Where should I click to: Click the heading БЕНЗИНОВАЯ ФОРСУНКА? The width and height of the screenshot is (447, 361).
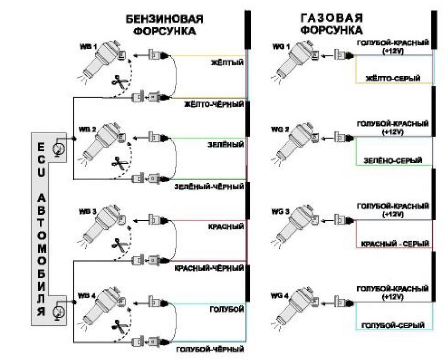pyautogui.click(x=165, y=25)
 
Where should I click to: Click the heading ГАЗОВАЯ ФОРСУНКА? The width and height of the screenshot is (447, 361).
pyautogui.click(x=332, y=24)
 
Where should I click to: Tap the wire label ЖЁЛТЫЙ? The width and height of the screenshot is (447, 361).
pyautogui.click(x=227, y=63)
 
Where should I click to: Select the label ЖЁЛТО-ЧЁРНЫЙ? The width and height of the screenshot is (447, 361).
pyautogui.click(x=214, y=104)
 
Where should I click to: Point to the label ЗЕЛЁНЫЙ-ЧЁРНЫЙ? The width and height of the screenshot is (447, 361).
pyautogui.click(x=209, y=187)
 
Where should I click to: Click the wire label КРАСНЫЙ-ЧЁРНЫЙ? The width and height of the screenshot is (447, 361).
pyautogui.click(x=209, y=268)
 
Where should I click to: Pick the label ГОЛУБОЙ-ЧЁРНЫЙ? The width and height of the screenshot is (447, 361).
pyautogui.click(x=210, y=349)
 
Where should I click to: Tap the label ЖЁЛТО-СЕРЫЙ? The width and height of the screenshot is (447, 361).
pyautogui.click(x=393, y=78)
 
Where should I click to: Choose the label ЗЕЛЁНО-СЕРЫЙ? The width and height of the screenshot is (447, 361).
pyautogui.click(x=393, y=161)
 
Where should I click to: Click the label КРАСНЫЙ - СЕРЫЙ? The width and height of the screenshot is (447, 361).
pyautogui.click(x=395, y=244)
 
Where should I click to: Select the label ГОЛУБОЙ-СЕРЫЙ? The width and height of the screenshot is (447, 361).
pyautogui.click(x=393, y=325)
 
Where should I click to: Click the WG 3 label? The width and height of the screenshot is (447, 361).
pyautogui.click(x=280, y=212)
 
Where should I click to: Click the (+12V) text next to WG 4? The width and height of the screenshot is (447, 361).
pyautogui.click(x=393, y=297)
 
